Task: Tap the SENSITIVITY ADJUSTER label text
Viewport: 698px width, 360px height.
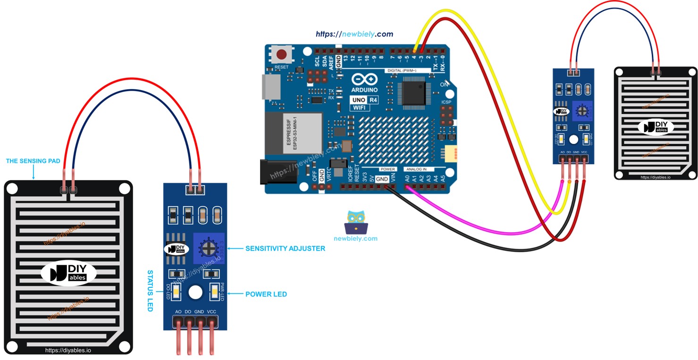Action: point(285,248)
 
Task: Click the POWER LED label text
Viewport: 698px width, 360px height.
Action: point(266,294)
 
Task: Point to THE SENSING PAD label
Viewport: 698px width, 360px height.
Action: point(33,161)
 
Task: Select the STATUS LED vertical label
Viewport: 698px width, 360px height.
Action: point(150,291)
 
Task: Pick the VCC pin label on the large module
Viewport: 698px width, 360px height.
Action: point(212,312)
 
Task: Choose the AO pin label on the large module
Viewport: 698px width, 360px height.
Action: point(178,312)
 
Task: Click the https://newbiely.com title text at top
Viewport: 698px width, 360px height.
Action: point(354,34)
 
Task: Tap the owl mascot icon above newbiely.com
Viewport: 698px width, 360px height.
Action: point(356,222)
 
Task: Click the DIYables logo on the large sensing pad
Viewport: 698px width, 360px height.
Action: point(68,273)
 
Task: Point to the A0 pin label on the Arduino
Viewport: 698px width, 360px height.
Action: point(407,179)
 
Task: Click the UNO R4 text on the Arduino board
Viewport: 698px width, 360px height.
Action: point(363,100)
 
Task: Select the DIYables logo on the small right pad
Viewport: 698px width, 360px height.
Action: point(656,127)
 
